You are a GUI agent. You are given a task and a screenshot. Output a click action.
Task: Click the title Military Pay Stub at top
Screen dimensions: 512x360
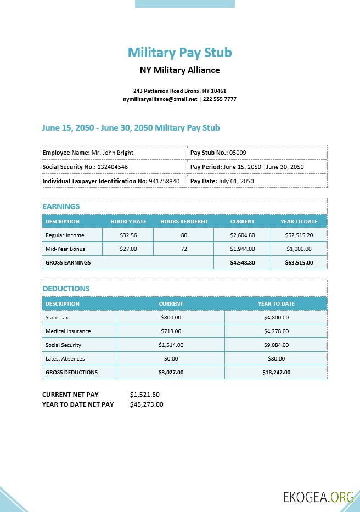[180, 53]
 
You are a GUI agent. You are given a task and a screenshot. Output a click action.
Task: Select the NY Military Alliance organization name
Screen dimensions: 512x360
[180, 70]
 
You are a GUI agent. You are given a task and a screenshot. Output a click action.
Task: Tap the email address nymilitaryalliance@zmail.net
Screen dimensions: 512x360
[160, 99]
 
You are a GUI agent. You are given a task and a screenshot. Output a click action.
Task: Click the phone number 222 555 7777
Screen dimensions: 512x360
[220, 99]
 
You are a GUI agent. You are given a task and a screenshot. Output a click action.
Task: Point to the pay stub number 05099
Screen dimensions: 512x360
[238, 153]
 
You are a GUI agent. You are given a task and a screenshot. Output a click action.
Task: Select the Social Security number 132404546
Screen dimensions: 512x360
[113, 167]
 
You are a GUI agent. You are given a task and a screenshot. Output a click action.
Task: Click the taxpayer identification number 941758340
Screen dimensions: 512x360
[164, 181]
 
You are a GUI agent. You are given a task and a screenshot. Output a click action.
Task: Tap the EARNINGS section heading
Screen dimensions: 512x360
[61, 206]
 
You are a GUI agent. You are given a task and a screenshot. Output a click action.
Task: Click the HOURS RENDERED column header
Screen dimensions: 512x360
[184, 222]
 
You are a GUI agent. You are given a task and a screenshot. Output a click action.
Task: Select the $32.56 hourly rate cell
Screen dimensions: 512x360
[128, 235]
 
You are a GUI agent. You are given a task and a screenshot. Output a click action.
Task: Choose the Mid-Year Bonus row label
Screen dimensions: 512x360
[65, 249]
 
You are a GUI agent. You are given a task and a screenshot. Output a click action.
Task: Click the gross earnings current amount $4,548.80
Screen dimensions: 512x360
[242, 263]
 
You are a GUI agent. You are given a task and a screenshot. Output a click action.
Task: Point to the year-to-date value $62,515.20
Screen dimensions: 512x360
[299, 235]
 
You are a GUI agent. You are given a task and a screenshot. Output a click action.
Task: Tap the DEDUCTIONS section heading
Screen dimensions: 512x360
[66, 289]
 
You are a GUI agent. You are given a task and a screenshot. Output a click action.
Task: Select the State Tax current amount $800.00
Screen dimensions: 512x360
[171, 318]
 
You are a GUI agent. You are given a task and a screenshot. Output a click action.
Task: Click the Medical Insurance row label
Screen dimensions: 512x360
[68, 331]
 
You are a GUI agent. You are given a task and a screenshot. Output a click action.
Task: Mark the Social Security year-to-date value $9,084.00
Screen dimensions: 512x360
[276, 345]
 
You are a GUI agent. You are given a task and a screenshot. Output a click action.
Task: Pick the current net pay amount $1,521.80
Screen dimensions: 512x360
[145, 395]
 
